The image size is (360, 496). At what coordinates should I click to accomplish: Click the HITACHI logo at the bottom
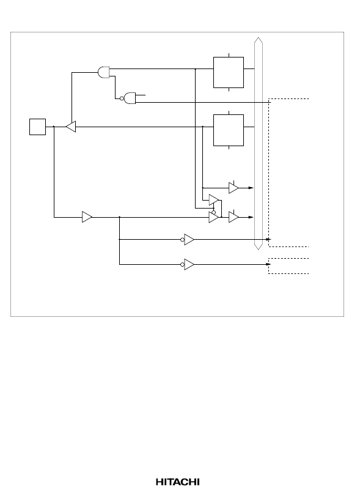click(x=178, y=482)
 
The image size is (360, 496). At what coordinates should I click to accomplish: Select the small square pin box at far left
click(x=38, y=127)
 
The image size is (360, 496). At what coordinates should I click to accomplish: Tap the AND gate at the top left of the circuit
click(x=104, y=72)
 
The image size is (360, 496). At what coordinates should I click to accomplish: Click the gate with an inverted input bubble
click(x=130, y=98)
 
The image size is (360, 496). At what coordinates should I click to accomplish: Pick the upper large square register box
click(x=229, y=72)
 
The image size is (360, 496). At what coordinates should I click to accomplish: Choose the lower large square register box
click(x=229, y=130)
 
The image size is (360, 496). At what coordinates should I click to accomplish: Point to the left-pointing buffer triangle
click(x=71, y=127)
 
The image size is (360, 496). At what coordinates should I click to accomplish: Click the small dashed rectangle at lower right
click(x=288, y=266)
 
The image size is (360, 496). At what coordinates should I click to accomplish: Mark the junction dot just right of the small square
click(x=54, y=127)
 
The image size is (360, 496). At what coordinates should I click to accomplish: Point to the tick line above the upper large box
click(x=229, y=55)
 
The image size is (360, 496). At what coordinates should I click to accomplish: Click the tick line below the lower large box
click(x=229, y=147)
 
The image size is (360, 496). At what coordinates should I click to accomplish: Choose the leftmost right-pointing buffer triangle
click(x=87, y=217)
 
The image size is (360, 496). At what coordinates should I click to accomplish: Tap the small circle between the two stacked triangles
click(x=214, y=212)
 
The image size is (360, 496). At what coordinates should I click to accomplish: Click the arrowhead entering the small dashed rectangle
click(x=268, y=264)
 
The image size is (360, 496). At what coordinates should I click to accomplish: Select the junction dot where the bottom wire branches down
click(x=119, y=217)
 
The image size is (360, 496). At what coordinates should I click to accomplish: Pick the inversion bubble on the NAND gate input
click(x=122, y=98)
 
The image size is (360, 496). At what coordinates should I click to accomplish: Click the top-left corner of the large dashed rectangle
click(x=269, y=99)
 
